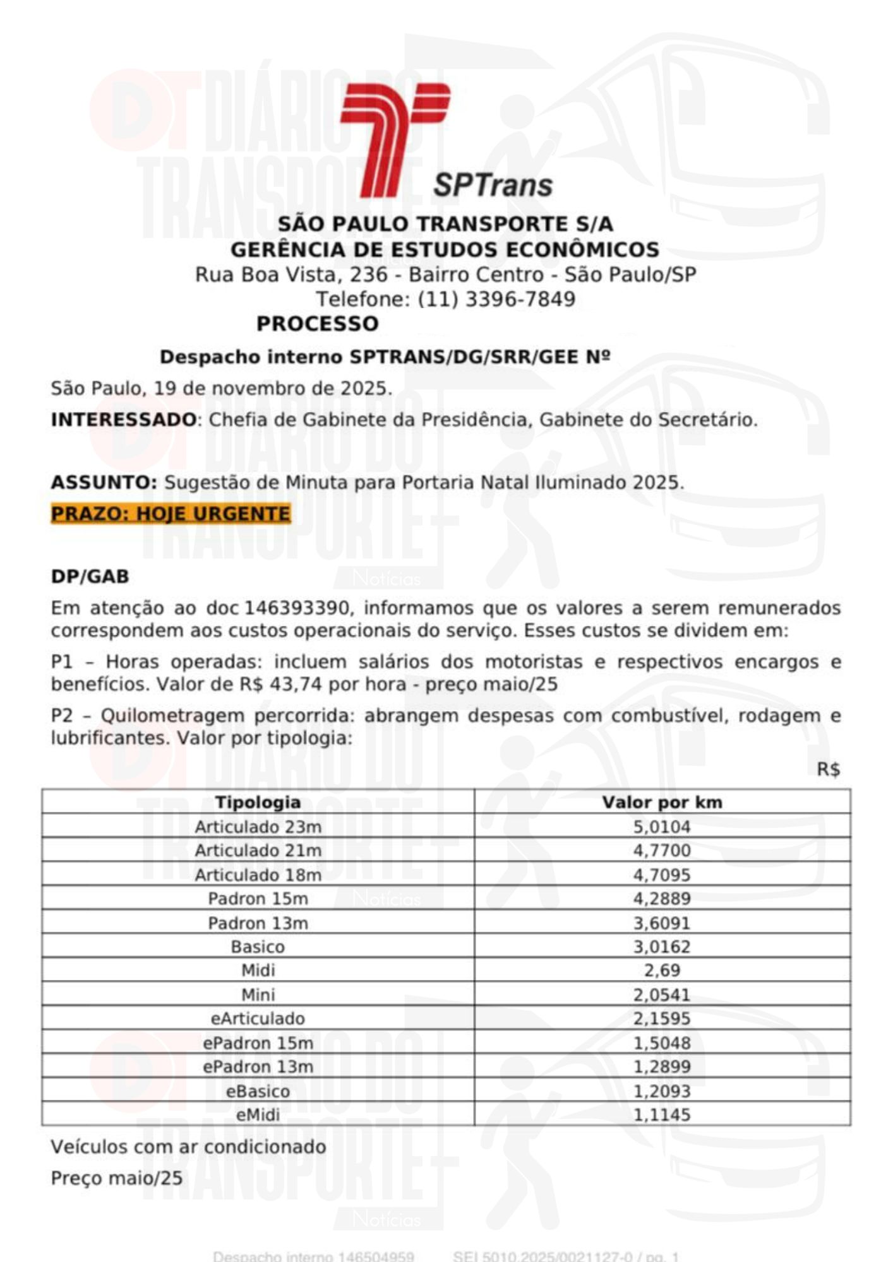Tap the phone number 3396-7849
tap(520, 299)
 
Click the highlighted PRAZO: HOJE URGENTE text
tap(171, 514)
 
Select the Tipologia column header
tap(258, 802)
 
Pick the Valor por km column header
tap(662, 802)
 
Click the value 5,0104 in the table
tap(662, 827)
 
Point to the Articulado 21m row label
tap(258, 851)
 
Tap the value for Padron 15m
tap(662, 899)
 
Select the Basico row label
tap(258, 946)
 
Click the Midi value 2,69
tap(662, 970)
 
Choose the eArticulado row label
tap(258, 1018)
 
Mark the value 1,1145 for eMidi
tap(662, 1115)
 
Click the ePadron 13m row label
tap(258, 1066)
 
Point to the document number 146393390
tap(297, 608)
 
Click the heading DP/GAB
tap(90, 576)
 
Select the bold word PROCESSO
tap(317, 324)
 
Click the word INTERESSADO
tap(124, 420)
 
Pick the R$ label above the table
tap(828, 770)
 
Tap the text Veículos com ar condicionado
tap(188, 1147)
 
